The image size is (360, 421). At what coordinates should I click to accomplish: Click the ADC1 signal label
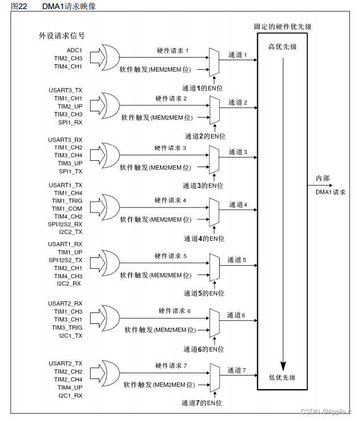75,51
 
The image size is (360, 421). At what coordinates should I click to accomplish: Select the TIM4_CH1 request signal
68,66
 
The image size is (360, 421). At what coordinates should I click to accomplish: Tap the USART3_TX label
66,90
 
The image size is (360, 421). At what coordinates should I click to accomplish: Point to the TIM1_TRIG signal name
68,201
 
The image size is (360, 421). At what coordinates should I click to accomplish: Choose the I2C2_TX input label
71,233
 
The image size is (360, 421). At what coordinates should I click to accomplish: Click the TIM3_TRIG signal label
68,327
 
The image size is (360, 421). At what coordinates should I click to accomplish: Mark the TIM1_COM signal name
68,209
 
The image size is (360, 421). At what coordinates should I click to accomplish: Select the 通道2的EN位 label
204,136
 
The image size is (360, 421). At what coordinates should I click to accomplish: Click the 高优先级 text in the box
282,46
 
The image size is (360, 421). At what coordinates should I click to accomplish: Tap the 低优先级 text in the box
282,377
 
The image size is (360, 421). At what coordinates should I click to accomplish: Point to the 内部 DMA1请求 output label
332,185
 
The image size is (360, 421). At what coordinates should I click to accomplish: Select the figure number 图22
11,6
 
